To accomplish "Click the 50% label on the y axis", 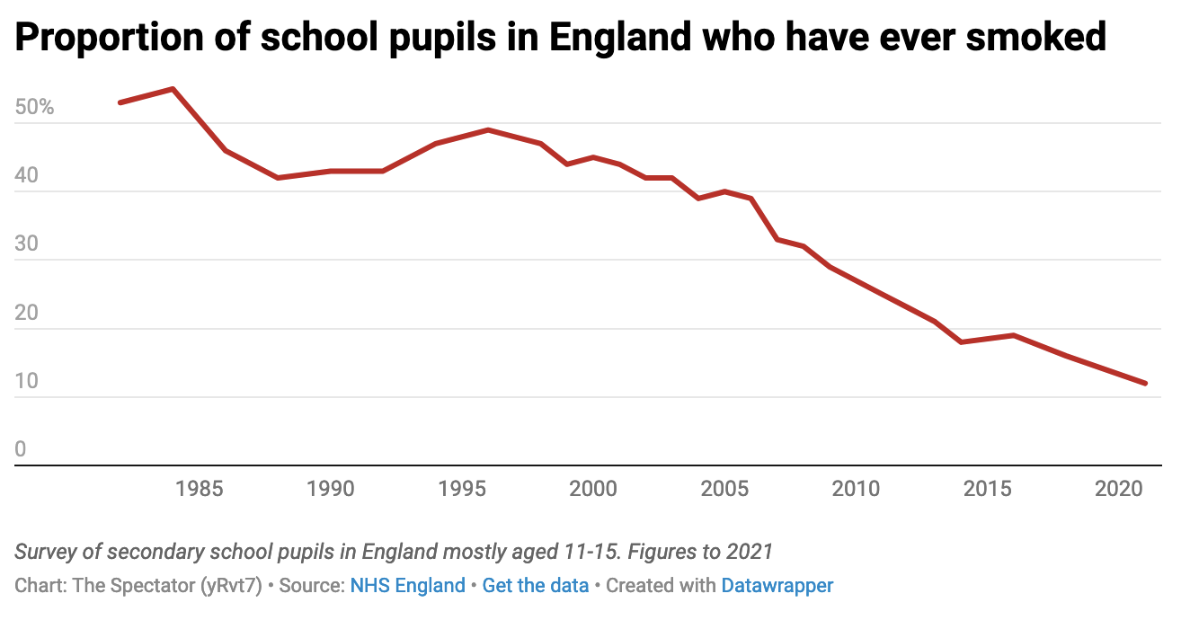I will point(35,108).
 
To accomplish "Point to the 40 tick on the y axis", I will point(27,176).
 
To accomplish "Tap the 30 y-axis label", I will point(27,244).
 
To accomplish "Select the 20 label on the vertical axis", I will point(27,314).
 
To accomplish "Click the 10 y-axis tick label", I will point(27,382).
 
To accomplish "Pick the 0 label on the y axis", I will point(21,450).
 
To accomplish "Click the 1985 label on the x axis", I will point(199,489).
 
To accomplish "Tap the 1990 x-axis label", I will point(330,489).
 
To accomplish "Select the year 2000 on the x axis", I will point(592,489).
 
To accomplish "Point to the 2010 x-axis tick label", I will point(856,489).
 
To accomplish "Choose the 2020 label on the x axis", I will point(1118,489).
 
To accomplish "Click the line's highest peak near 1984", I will point(173,89).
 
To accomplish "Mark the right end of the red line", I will point(1144,384).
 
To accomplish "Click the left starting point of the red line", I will point(120,102).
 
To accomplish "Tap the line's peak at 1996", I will point(488,129).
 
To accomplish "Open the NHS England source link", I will point(407,586).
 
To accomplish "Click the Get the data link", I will point(536,586).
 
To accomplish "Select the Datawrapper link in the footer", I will point(777,586).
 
